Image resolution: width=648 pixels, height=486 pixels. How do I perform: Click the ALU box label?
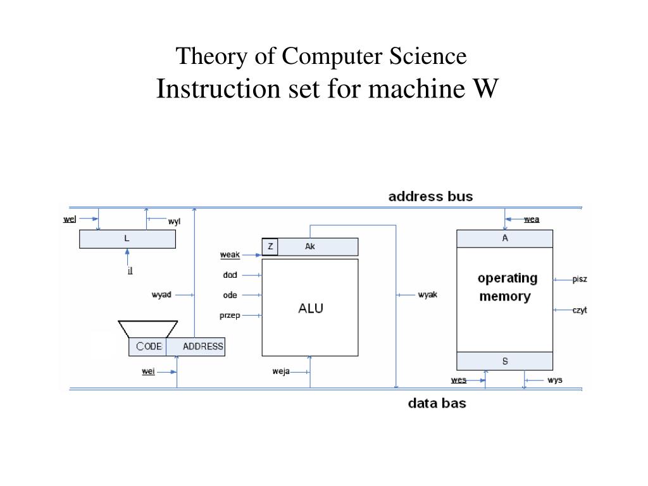click(311, 308)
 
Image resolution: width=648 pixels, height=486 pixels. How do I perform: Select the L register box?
click(127, 239)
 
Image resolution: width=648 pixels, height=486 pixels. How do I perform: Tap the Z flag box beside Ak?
click(270, 247)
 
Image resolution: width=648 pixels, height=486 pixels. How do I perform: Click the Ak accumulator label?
click(310, 246)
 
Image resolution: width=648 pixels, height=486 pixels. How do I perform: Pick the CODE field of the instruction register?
click(147, 346)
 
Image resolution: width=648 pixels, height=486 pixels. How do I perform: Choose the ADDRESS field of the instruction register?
click(196, 346)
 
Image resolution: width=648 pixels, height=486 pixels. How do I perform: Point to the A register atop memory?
click(504, 239)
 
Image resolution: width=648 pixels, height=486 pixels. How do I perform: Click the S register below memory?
click(504, 361)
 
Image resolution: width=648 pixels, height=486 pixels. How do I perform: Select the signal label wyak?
click(427, 295)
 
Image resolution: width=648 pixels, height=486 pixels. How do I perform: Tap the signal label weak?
click(230, 254)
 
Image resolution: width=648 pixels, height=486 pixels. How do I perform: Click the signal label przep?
click(230, 316)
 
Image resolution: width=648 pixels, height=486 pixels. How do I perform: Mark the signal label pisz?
click(580, 279)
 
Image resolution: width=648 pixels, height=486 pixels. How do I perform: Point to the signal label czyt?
click(580, 310)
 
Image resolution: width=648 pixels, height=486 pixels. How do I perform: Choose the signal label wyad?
click(161, 295)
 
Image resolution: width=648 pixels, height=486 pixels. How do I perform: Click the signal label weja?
click(281, 371)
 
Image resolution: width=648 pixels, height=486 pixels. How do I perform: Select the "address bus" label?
click(430, 196)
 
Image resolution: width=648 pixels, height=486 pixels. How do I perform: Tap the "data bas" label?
click(437, 403)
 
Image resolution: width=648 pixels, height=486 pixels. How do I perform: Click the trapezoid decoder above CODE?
click(148, 329)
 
